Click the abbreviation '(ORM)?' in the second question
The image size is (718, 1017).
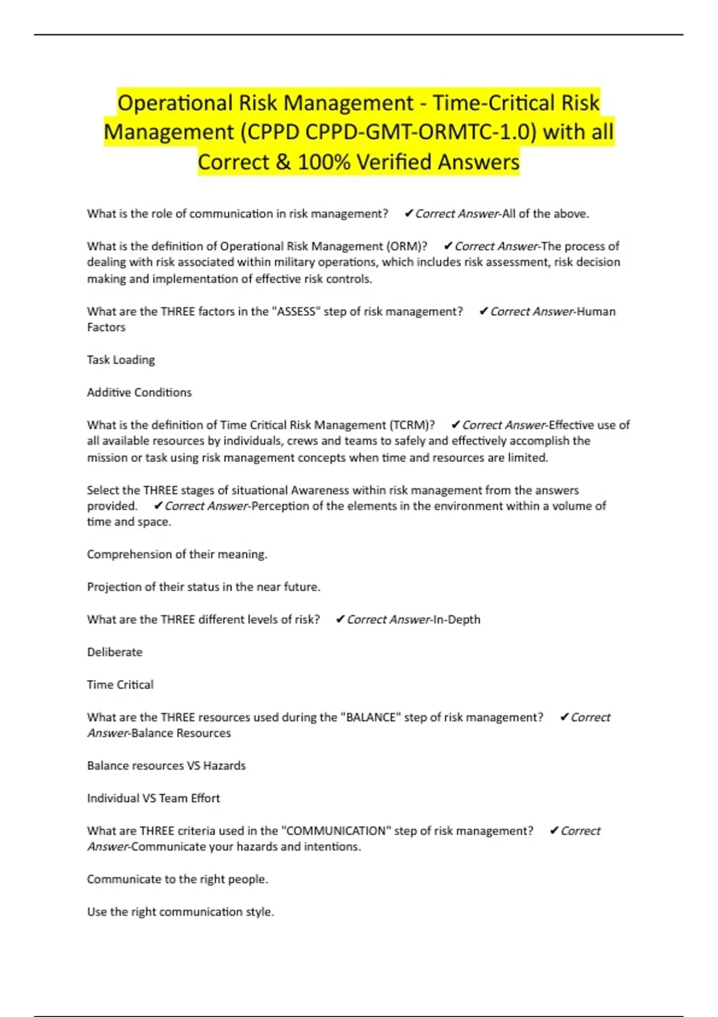407,246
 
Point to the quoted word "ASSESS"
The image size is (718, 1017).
294,311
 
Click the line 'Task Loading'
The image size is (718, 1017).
121,360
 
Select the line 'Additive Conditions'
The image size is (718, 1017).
139,392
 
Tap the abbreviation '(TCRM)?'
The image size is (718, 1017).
412,425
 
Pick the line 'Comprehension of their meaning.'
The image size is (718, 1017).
177,555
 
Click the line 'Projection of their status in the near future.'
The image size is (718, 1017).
203,587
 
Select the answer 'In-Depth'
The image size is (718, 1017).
457,620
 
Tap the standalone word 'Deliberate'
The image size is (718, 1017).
115,652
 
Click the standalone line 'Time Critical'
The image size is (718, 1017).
120,684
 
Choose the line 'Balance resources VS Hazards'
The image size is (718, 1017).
166,766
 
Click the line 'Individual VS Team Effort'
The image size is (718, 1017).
153,798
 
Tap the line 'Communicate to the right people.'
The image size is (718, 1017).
178,879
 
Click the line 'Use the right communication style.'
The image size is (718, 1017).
181,912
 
